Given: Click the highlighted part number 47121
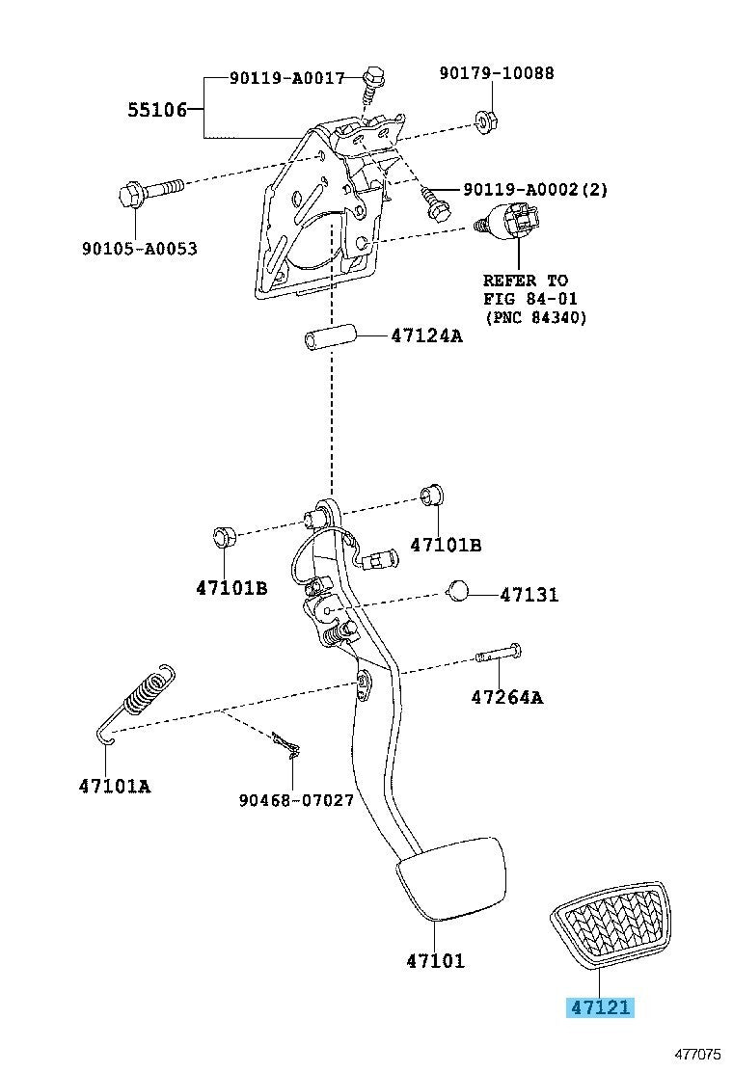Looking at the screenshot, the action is [600, 1007].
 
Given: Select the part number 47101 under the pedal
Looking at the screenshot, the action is [436, 960].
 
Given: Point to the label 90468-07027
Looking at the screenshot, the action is [296, 799].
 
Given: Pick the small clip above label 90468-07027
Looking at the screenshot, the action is [287, 744].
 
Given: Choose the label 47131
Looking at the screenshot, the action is [529, 595].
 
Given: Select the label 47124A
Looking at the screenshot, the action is [426, 335].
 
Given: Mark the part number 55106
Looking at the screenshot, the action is [157, 109].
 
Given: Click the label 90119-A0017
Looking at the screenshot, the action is [286, 78].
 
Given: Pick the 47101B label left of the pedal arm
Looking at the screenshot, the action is [231, 587].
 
